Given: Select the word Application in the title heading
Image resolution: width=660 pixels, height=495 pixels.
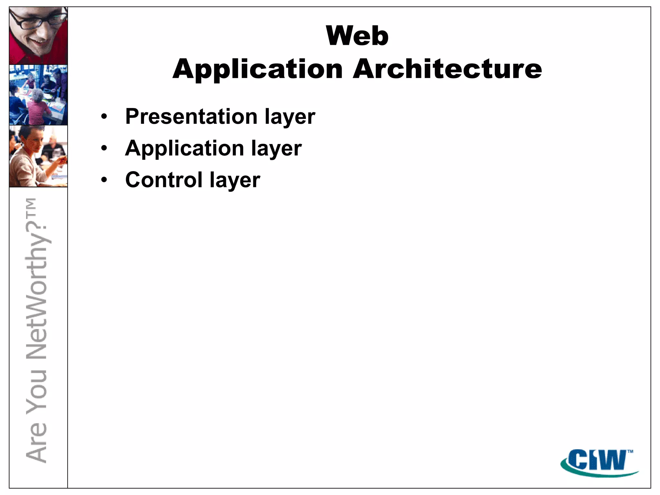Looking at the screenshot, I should pyautogui.click(x=258, y=69).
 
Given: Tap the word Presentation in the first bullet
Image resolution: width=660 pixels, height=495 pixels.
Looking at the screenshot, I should pyautogui.click(x=191, y=116).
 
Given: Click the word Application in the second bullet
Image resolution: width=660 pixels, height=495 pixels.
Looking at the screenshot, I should pyautogui.click(x=185, y=148).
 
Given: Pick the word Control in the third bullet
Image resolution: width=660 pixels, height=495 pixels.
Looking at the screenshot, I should pyautogui.click(x=164, y=180).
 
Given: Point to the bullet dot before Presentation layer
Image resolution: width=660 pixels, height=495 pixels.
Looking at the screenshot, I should pyautogui.click(x=104, y=117).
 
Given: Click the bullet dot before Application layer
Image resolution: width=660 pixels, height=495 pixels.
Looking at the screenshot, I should pyautogui.click(x=104, y=148).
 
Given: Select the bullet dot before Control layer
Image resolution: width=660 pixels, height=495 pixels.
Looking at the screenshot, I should pyautogui.click(x=104, y=180).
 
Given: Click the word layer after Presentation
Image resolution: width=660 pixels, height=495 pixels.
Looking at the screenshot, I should pyautogui.click(x=290, y=117).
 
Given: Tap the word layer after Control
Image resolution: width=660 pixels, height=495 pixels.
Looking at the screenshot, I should pyautogui.click(x=235, y=180).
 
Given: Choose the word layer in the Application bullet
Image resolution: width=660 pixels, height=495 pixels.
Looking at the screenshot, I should pyautogui.click(x=277, y=149).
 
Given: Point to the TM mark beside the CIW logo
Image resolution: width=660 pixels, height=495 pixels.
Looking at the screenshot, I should pyautogui.click(x=630, y=451).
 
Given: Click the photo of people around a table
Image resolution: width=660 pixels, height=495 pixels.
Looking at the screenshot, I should pyautogui.click(x=38, y=95).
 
